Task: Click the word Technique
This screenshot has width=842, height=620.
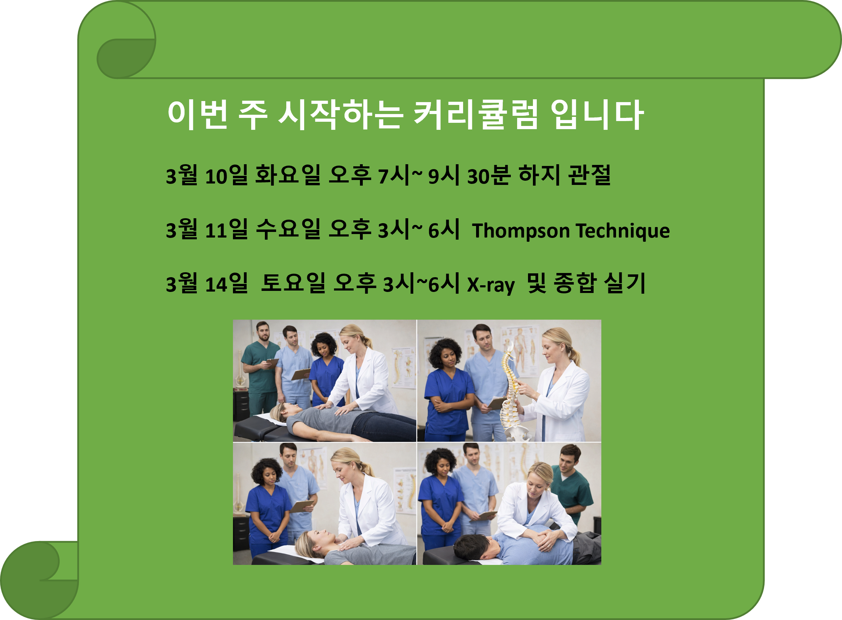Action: tap(622, 230)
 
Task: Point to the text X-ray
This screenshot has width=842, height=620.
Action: tap(490, 284)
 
